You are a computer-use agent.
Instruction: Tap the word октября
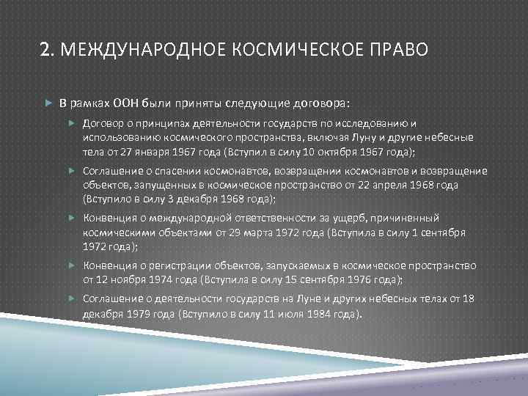349,151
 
